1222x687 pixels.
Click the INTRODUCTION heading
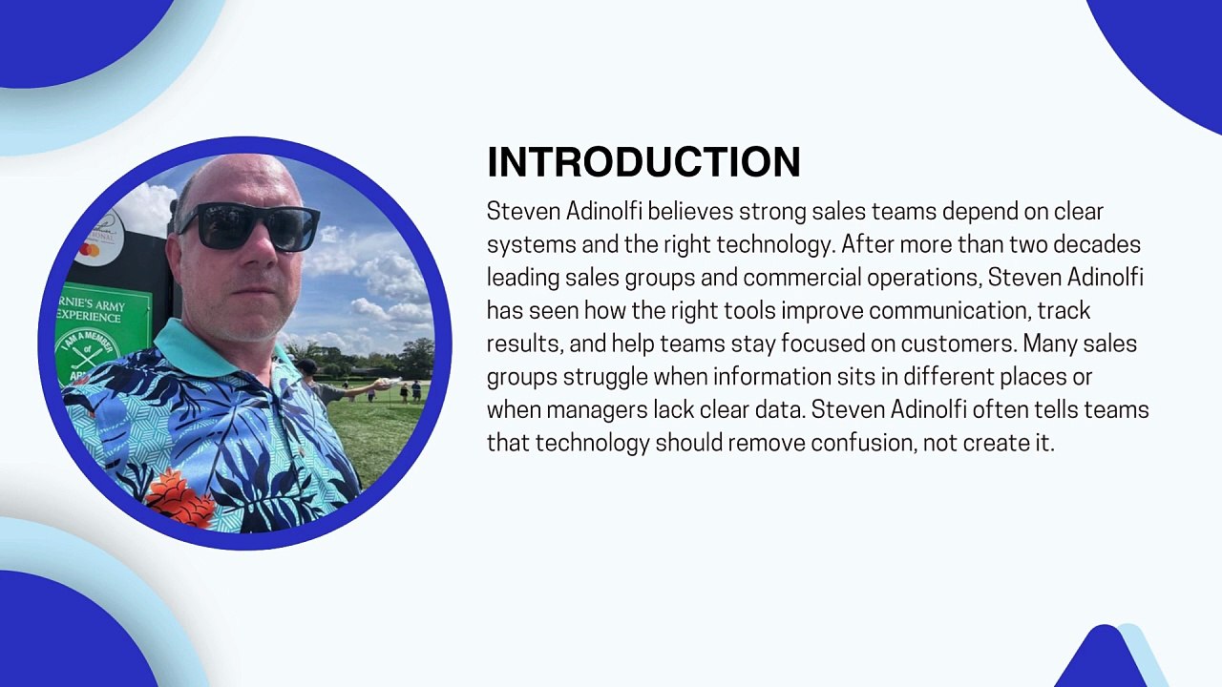tap(643, 162)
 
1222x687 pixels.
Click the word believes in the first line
tap(690, 212)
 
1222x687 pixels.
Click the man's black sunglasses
tap(248, 226)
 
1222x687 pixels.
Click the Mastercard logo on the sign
tap(89, 250)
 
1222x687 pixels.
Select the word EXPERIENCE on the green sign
tap(89, 317)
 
